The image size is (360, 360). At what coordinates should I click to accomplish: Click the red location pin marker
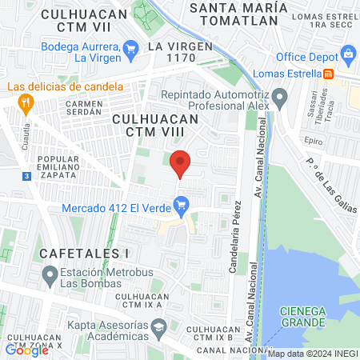pyautogui.click(x=181, y=162)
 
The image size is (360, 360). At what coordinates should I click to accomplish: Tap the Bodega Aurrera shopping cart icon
pyautogui.click(x=133, y=52)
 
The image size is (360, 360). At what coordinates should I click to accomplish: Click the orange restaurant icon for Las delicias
pyautogui.click(x=26, y=102)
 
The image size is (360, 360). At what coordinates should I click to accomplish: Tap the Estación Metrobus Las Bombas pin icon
pyautogui.click(x=48, y=276)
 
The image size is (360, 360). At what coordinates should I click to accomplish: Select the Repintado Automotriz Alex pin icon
pyautogui.click(x=279, y=100)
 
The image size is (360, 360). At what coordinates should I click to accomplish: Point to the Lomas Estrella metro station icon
pyautogui.click(x=328, y=74)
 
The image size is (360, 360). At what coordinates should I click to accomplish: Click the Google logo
pyautogui.click(x=27, y=350)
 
